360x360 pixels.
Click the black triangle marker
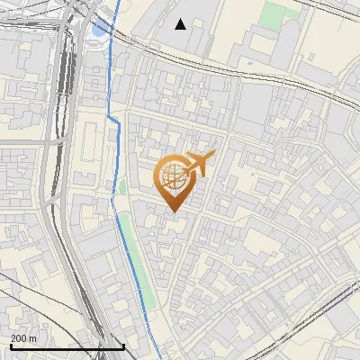pyautogui.click(x=181, y=23)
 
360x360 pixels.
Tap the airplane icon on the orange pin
pyautogui.click(x=200, y=163)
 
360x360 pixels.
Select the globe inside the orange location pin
pyautogui.click(x=173, y=175)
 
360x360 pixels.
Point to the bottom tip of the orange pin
pyautogui.click(x=173, y=212)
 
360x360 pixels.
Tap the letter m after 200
pyautogui.click(x=33, y=338)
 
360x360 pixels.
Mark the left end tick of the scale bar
pyautogui.click(x=11, y=346)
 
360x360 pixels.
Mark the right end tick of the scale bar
pyautogui.click(x=124, y=346)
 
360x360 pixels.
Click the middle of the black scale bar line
pyautogui.click(x=67, y=347)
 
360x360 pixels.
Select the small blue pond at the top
pyautogui.click(x=97, y=31)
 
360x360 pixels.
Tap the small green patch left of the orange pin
pyautogui.click(x=121, y=187)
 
